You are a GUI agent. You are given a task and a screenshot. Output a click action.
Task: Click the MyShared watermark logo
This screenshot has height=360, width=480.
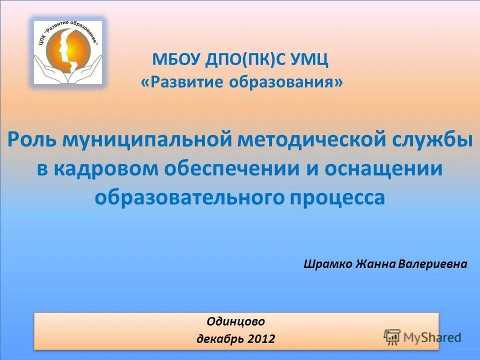(422, 336)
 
